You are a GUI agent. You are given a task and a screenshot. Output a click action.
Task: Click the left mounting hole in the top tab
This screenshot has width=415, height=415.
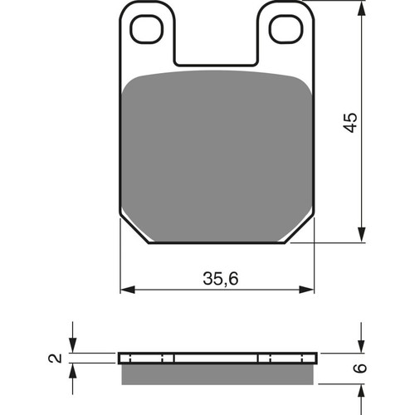click(149, 28)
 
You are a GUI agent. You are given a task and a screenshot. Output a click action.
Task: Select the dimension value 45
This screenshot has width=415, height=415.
click(351, 122)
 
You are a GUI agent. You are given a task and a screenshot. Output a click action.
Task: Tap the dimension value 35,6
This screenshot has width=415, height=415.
click(219, 279)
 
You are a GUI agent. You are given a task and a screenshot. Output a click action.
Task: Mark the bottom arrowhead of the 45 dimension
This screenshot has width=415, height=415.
click(363, 236)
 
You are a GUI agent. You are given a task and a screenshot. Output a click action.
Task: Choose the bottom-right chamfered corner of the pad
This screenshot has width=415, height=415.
click(300, 232)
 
